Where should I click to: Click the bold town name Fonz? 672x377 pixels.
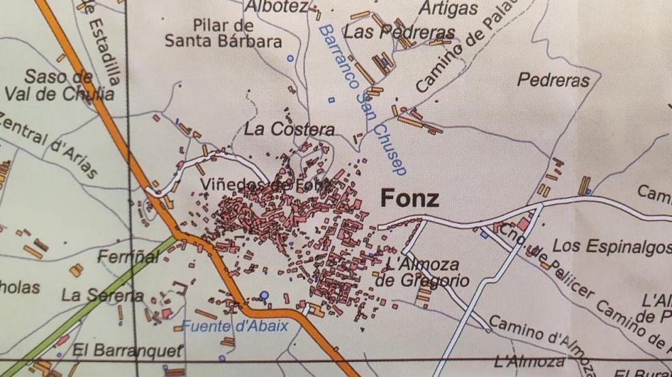tap(409, 199)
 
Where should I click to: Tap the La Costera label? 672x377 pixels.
tap(290, 130)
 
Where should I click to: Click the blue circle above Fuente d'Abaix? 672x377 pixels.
tap(265, 296)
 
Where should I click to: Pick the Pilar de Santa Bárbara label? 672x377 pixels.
tap(223, 34)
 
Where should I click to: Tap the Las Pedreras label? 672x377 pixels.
tap(398, 32)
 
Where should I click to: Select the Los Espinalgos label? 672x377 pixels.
tap(612, 246)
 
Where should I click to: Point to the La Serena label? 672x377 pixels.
tap(102, 296)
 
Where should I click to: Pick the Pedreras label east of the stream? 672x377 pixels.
tap(553, 80)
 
